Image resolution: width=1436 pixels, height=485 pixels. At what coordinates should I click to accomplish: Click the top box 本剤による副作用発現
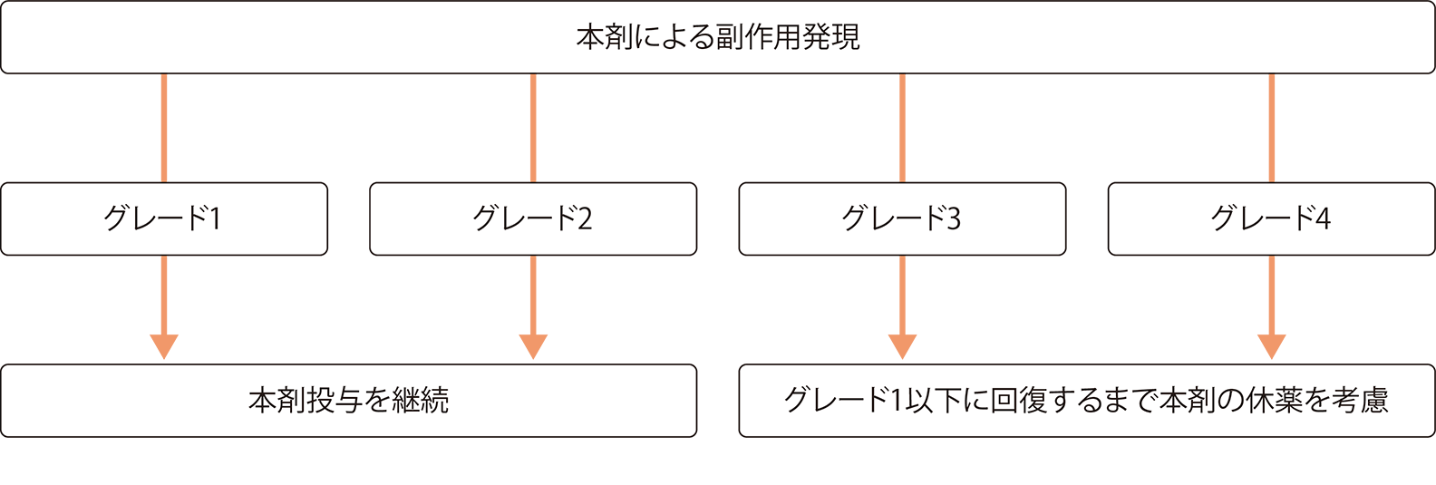[718, 37]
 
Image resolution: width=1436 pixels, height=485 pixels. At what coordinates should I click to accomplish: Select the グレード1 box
[163, 218]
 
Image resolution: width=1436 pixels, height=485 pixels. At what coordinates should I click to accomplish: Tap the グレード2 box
[533, 218]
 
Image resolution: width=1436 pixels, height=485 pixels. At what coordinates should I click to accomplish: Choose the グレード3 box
[902, 218]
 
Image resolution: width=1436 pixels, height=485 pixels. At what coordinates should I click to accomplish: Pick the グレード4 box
[1271, 218]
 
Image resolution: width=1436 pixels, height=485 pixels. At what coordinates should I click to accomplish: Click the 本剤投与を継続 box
[348, 401]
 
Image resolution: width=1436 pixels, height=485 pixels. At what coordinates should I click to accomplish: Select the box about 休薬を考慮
[1087, 401]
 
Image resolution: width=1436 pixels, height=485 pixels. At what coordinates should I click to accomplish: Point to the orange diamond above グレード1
[164, 128]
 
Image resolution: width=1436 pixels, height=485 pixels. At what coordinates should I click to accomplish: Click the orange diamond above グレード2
[533, 128]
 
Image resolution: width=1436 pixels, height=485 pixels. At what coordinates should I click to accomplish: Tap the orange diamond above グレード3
[902, 128]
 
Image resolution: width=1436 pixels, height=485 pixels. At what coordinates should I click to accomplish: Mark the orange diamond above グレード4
[1271, 128]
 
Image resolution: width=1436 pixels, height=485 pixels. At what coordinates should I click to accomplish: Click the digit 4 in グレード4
[1323, 219]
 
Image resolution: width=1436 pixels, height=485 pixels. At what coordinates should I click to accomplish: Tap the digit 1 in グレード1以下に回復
[897, 401]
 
